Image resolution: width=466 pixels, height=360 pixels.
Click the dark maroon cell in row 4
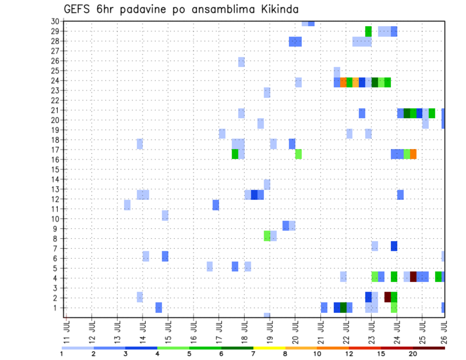[x=413, y=277]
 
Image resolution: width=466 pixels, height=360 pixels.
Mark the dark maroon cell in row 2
[x=388, y=296]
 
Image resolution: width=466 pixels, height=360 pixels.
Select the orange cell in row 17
[x=413, y=154]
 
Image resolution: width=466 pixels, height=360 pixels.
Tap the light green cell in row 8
[x=267, y=236]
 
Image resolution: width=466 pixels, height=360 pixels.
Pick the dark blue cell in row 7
[x=394, y=246]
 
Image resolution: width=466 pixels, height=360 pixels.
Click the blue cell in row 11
[x=216, y=205]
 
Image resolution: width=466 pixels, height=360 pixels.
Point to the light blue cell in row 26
[x=241, y=62]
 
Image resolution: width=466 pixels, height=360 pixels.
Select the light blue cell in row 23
[x=267, y=92]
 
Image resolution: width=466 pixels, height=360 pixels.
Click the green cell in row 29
[x=368, y=31]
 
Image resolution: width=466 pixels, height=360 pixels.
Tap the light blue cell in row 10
[x=165, y=215]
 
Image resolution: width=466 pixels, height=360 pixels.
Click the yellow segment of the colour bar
[x=269, y=348]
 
